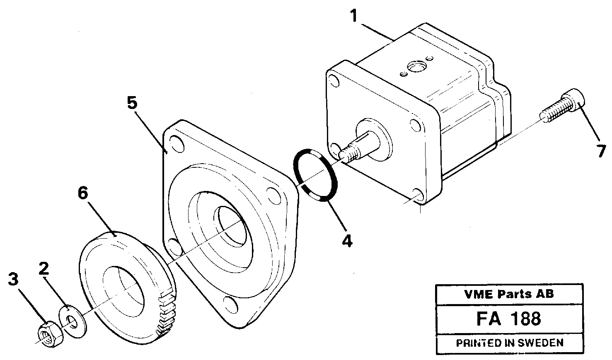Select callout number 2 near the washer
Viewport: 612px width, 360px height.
click(44, 270)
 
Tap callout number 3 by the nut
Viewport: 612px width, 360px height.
click(14, 280)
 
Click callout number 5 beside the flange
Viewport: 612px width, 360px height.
click(132, 103)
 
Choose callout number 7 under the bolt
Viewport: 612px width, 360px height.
click(602, 151)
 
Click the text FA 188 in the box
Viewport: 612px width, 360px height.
click(508, 319)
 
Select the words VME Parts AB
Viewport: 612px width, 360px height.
click(508, 294)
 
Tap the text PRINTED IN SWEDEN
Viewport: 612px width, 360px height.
click(509, 343)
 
